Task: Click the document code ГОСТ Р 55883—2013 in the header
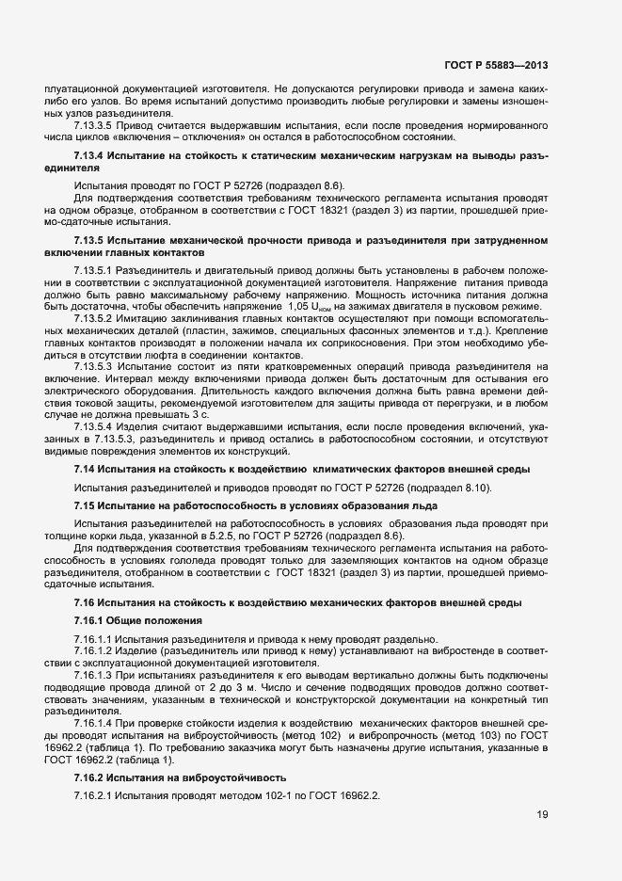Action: coord(496,65)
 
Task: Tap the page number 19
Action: coord(542,814)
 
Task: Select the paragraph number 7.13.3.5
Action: coord(95,125)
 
